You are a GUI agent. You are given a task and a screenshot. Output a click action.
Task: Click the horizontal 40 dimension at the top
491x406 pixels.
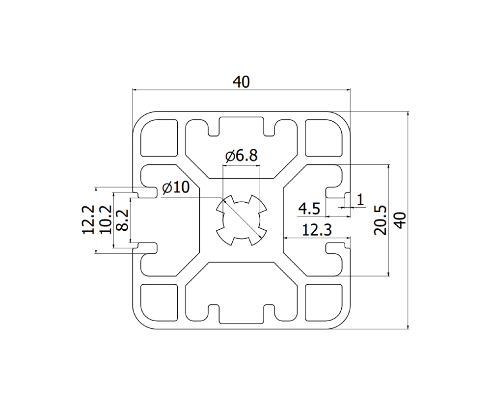pyautogui.click(x=242, y=82)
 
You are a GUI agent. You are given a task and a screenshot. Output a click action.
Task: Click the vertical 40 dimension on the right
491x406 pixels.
pyautogui.click(x=400, y=220)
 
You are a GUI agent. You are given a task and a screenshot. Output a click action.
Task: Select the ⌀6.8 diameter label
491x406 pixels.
pyautogui.click(x=241, y=156)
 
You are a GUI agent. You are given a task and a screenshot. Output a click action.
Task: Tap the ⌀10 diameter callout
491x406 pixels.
pyautogui.click(x=174, y=188)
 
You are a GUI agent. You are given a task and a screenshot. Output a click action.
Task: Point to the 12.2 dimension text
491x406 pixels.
pyautogui.click(x=88, y=220)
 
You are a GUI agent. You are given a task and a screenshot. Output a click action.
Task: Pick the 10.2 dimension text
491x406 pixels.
pyautogui.click(x=106, y=220)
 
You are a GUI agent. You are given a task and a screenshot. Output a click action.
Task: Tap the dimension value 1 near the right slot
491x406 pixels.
pyautogui.click(x=360, y=199)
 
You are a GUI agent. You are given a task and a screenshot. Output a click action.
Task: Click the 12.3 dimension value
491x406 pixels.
pyautogui.click(x=317, y=229)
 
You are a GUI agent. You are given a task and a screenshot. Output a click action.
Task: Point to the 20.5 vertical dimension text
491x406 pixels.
pyautogui.click(x=381, y=220)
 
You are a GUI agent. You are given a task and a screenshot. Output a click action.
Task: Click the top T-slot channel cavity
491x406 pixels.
pyautogui.click(x=241, y=147)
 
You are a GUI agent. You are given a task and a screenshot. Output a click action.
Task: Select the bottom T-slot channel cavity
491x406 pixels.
pyautogui.click(x=241, y=293)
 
